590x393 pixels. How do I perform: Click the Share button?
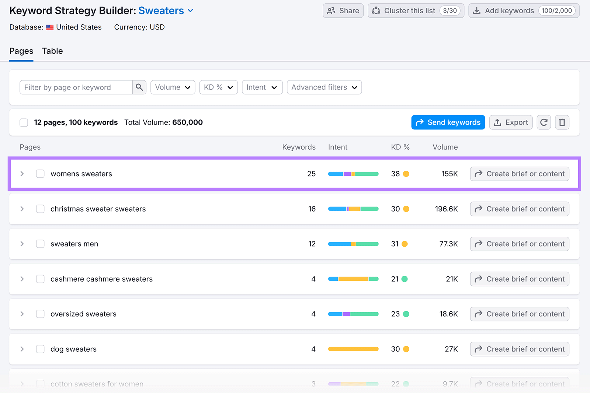point(343,11)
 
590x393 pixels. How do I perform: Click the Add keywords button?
point(524,11)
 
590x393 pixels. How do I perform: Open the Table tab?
point(52,51)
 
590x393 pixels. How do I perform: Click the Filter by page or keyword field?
point(76,87)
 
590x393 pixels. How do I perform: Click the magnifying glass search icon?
point(139,87)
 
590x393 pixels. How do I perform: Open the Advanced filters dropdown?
point(324,87)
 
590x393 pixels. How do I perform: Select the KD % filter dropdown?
point(218,87)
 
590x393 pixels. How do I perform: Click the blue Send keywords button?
point(448,122)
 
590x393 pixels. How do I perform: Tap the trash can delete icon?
point(562,122)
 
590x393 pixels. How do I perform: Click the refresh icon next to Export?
point(544,122)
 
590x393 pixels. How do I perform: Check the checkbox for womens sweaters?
point(40,174)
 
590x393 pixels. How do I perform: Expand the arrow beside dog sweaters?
point(22,349)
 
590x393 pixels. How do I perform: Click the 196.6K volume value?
point(446,209)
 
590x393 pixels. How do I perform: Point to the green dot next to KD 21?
point(405,279)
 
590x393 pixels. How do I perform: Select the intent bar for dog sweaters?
point(353,349)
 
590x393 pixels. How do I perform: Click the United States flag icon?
point(50,27)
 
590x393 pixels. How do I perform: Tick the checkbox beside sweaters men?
point(40,244)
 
